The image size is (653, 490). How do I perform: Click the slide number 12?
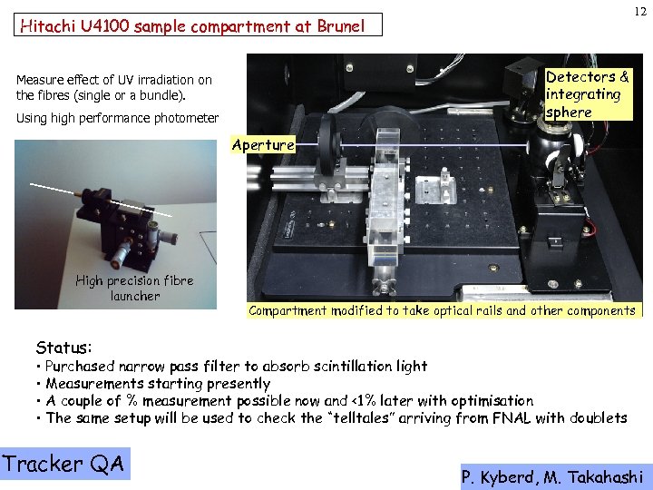[640, 11]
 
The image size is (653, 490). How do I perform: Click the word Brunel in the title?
[341, 25]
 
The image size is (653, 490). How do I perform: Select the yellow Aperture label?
[263, 144]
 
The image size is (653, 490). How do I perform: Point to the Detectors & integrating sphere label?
[589, 94]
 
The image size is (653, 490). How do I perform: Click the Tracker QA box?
[64, 464]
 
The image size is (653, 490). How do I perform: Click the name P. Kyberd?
[497, 477]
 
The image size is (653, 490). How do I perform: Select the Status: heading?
[63, 347]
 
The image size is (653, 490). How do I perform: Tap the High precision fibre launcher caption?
[135, 288]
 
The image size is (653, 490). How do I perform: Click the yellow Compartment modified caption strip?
[444, 310]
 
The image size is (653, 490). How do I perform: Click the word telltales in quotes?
[359, 417]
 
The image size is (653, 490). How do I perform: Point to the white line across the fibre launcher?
[101, 200]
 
